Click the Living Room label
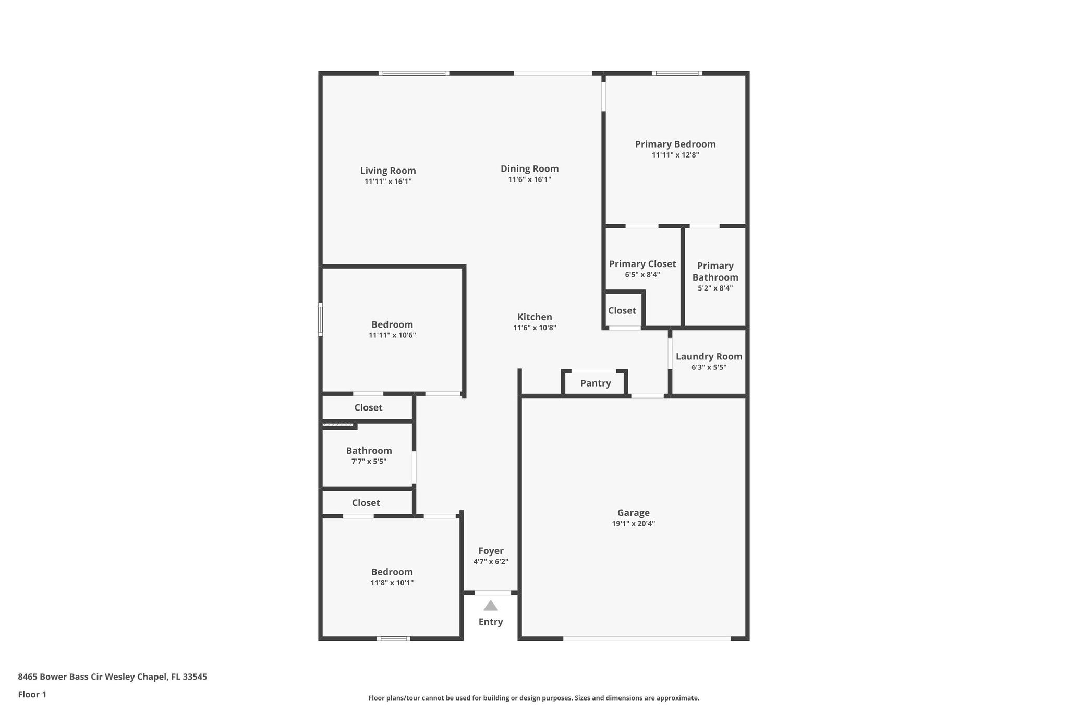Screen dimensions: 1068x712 (388, 171)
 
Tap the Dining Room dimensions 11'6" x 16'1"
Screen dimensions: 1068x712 (530, 179)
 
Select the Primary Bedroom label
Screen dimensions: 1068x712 (675, 144)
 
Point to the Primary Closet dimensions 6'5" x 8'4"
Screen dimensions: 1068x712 (642, 275)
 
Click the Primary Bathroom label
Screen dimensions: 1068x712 (715, 271)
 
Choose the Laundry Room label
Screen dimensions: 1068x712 (709, 357)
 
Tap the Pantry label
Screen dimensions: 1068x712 (596, 383)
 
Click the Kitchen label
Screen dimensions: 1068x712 (535, 317)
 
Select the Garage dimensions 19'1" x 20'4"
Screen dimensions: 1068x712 (634, 524)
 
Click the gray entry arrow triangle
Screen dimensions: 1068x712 (491, 606)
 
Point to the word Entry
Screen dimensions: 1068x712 (491, 622)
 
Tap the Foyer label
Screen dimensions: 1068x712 (491, 551)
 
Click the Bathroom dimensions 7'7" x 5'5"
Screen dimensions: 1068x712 (369, 462)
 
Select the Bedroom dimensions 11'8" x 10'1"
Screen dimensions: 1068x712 (392, 583)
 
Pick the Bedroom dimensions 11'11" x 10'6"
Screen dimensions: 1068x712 (392, 335)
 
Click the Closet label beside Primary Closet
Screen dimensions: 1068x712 (622, 311)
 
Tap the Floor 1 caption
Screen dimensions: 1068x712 (32, 695)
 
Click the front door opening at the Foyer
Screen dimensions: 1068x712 (493, 593)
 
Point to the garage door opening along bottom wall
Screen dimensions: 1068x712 (647, 638)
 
